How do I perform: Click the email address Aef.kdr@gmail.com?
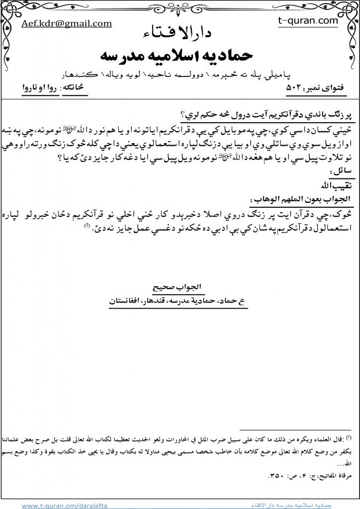[x=66, y=24]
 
